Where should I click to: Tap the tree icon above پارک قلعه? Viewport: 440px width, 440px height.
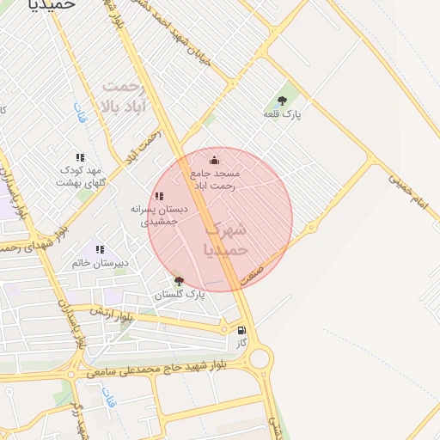coord(283,101)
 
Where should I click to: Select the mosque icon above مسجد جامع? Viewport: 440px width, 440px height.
coord(214,160)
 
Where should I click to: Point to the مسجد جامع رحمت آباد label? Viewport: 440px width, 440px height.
coord(214,180)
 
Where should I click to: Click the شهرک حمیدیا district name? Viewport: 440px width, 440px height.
coord(227,238)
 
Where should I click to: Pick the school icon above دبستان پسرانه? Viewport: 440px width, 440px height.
coord(159,196)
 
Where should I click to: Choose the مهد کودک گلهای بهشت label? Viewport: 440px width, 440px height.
coord(80,176)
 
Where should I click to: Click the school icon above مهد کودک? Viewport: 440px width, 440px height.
coord(80,157)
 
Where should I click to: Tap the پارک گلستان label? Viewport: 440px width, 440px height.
coord(180,295)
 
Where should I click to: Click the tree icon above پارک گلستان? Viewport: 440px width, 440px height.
coord(179,280)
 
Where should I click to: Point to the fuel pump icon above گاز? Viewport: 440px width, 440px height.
coord(241,329)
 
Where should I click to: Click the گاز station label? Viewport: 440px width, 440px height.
coord(241,342)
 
